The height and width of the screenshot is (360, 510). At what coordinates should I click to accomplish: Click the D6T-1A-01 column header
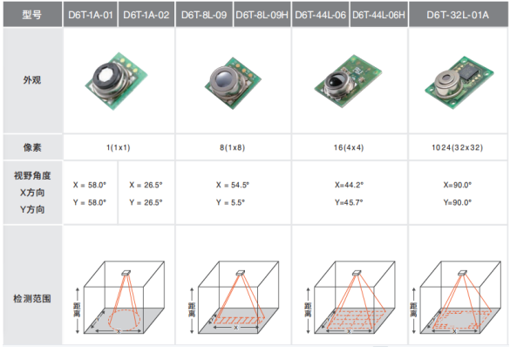(90, 15)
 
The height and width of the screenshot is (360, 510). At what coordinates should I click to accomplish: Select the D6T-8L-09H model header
(262, 15)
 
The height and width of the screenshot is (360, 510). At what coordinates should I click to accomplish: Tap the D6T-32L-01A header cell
(458, 15)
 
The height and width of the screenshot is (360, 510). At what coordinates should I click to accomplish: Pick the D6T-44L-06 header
(320, 15)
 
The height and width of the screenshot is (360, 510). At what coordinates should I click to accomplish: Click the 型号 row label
(32, 15)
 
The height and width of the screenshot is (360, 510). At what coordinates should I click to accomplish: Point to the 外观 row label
(32, 80)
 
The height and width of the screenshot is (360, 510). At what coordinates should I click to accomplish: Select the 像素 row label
(32, 147)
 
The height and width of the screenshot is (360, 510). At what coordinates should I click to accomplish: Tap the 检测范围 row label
(32, 298)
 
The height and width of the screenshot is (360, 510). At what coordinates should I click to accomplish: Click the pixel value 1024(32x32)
(457, 147)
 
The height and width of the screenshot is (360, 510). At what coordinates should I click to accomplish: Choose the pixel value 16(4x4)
(349, 147)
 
